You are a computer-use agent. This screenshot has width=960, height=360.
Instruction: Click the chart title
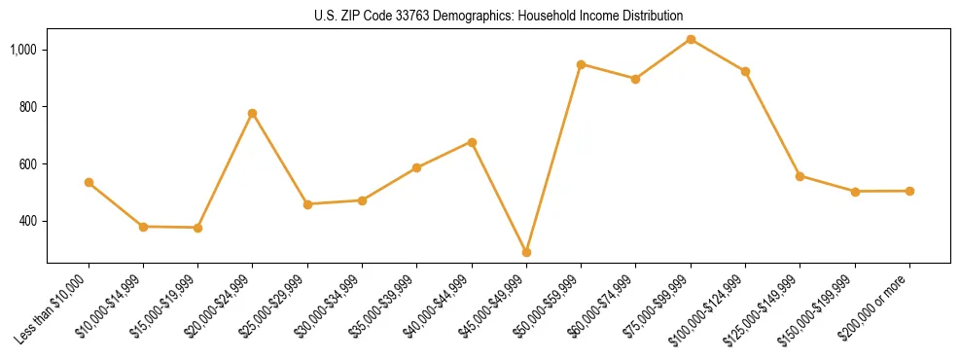499,16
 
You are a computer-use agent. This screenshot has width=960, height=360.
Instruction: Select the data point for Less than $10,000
89,182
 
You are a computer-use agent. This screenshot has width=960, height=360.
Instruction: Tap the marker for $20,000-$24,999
253,113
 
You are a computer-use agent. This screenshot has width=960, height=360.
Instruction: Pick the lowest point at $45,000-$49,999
526,252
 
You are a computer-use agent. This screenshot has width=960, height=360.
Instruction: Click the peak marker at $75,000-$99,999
691,39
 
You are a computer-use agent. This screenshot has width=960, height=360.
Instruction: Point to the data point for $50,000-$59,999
581,64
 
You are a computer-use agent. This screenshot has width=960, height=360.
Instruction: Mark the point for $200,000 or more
909,191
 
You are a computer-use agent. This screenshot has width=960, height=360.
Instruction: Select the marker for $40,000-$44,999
472,142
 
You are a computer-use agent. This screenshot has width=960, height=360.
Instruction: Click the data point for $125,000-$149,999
800,176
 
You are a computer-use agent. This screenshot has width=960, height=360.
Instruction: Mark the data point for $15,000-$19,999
198,228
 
